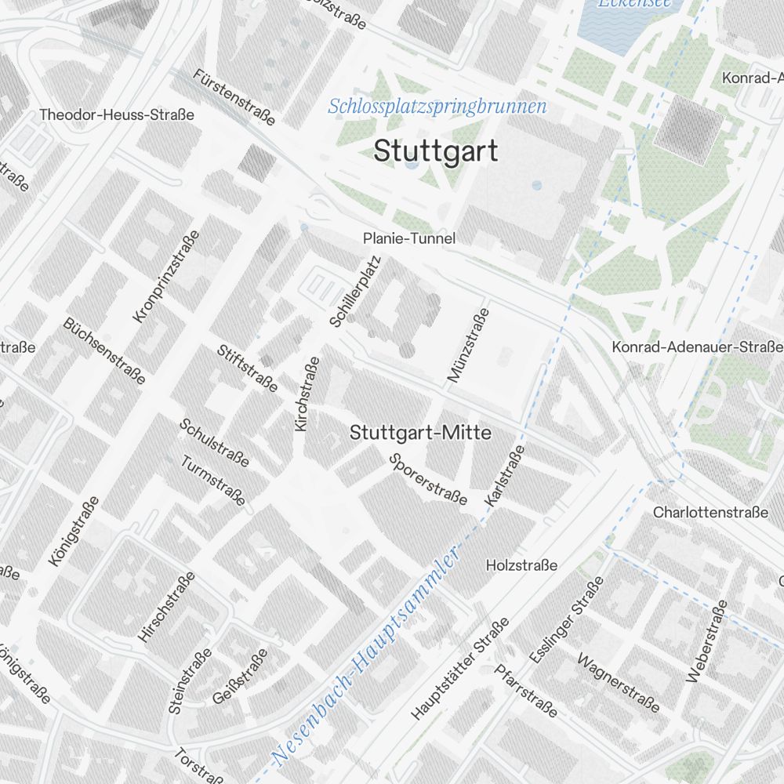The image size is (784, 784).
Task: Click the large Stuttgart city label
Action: tap(435, 151)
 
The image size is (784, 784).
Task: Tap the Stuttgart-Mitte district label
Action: tap(420, 433)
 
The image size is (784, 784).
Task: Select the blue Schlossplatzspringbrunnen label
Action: tap(437, 106)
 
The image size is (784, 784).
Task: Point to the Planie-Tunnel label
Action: tap(408, 238)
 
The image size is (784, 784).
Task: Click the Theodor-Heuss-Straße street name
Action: tap(116, 115)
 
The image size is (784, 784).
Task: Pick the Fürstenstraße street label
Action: tap(234, 96)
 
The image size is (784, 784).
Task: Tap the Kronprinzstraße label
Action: tap(166, 276)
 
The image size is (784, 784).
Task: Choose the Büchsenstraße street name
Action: tap(104, 351)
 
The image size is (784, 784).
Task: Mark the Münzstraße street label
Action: tap(468, 345)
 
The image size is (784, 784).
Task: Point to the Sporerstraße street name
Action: tap(428, 479)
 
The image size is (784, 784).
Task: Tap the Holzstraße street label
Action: tap(521, 565)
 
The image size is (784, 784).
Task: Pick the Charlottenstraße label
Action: tap(710, 513)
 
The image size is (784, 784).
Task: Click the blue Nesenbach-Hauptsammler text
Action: tap(365, 657)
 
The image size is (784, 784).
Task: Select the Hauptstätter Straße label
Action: tap(460, 669)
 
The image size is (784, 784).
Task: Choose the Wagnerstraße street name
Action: tap(619, 681)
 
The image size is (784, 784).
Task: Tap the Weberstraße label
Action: tap(706, 642)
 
